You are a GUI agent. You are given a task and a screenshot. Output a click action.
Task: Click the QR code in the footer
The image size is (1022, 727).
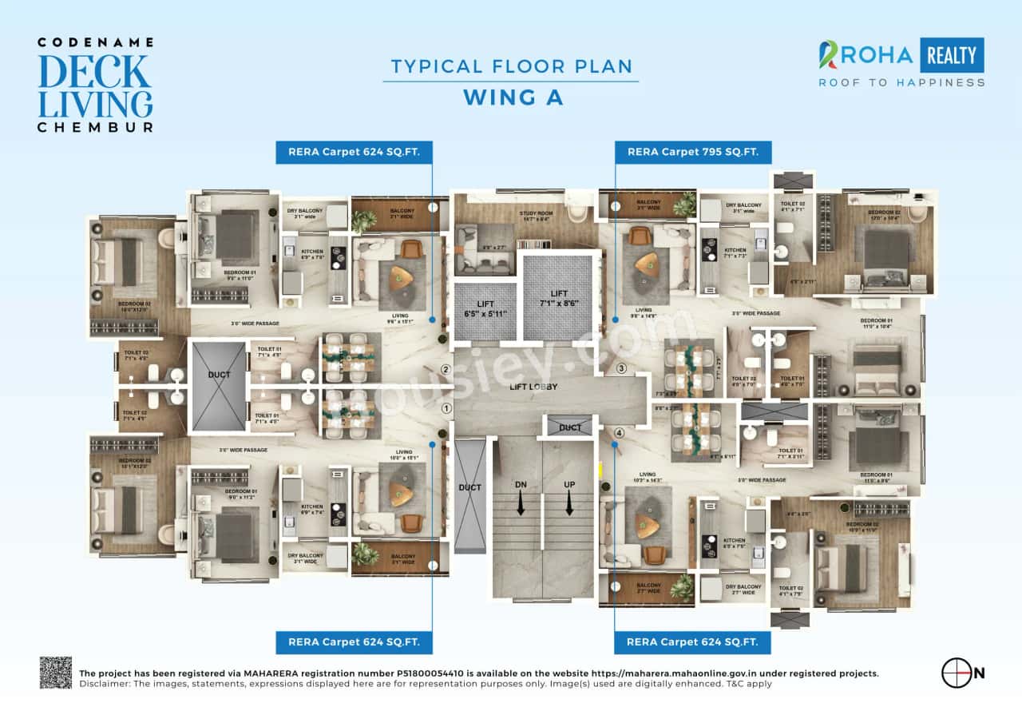(56, 673)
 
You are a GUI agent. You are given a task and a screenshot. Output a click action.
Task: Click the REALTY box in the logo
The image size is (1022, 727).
(951, 55)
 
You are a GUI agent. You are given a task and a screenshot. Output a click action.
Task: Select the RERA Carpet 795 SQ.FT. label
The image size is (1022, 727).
(693, 152)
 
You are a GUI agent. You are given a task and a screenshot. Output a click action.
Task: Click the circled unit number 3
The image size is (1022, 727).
(621, 368)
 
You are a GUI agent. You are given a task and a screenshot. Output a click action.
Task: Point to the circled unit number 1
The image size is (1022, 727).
(446, 408)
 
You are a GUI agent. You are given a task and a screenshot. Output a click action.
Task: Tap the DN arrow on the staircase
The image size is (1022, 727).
(519, 503)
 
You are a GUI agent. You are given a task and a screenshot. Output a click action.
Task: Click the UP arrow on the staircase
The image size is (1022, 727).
(568, 503)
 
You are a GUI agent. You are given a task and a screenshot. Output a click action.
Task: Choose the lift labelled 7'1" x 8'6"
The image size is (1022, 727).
(557, 297)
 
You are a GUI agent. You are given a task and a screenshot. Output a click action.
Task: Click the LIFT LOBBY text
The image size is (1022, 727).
(533, 387)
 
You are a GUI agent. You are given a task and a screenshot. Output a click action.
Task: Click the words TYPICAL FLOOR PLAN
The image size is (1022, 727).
(510, 67)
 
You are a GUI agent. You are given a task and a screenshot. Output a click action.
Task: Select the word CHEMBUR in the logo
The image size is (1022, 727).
(95, 126)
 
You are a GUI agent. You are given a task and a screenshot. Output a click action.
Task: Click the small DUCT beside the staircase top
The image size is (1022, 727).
(570, 427)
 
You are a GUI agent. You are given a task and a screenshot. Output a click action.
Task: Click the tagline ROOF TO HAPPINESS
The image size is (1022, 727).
(901, 82)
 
